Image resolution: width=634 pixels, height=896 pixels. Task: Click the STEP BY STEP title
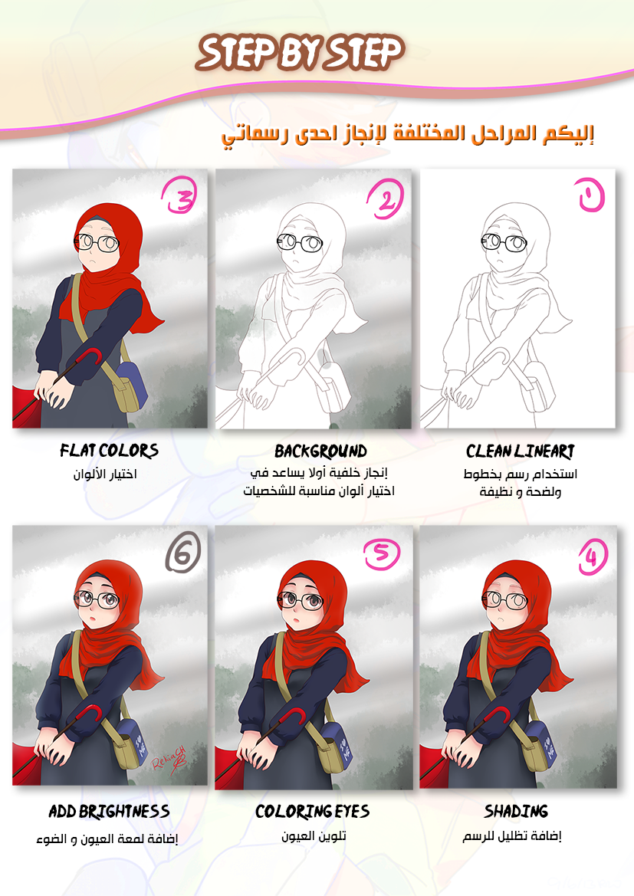coord(301,53)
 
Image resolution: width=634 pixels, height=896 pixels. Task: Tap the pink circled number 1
coord(590,195)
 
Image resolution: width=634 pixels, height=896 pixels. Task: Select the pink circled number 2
coord(386,199)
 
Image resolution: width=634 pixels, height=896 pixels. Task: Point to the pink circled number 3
coord(179,195)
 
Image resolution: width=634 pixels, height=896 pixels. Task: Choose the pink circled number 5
coord(382,553)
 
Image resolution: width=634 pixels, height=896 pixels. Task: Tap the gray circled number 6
coord(183,552)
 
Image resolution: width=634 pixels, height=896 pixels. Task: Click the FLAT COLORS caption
coord(109,451)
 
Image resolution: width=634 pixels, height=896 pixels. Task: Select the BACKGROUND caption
coord(320,451)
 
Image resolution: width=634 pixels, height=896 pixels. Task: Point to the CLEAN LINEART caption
coord(521,451)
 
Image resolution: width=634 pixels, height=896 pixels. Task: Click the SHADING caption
coord(516,812)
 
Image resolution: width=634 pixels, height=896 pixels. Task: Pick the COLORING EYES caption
coord(312,812)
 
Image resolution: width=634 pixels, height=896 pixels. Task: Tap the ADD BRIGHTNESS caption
coord(109,812)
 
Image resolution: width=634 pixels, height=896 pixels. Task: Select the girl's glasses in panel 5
coord(301,601)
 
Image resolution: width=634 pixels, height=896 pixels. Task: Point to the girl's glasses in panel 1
coord(504,242)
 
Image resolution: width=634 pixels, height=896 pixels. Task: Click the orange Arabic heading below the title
coord(408,136)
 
